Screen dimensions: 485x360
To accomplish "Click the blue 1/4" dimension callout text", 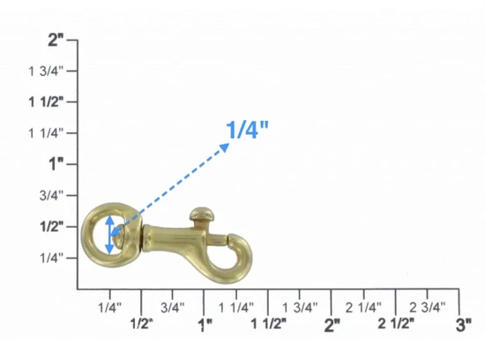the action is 247,130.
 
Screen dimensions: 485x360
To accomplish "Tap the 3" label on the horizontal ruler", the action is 463,325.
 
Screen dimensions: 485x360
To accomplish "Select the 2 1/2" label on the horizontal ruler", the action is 396,324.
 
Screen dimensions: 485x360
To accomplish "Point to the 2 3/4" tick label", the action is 427,307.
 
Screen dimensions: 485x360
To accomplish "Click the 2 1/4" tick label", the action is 363,307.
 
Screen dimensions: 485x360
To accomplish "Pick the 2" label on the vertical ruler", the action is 56,40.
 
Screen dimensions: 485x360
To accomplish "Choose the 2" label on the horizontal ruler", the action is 332,325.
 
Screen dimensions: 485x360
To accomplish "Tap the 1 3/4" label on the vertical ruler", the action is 46,71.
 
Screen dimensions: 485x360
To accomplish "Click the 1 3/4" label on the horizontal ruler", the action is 300,307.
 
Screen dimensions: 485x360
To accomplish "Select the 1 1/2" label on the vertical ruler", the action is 46,101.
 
